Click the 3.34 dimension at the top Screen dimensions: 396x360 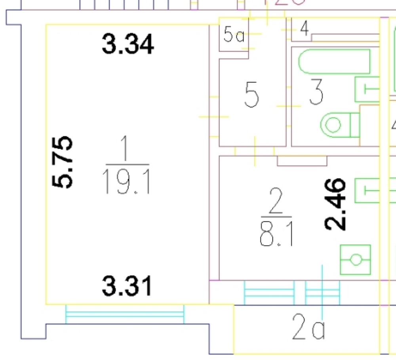click(x=128, y=44)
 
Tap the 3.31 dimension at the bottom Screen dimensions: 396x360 click(x=127, y=286)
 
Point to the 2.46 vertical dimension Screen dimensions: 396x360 click(x=336, y=204)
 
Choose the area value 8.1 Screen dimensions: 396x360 click(x=276, y=234)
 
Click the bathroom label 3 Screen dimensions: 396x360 click(x=316, y=92)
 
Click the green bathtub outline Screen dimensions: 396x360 click(x=335, y=61)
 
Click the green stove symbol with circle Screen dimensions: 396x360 click(x=356, y=260)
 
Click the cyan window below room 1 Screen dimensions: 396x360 click(x=125, y=314)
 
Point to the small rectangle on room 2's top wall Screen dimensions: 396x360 click(x=302, y=161)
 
